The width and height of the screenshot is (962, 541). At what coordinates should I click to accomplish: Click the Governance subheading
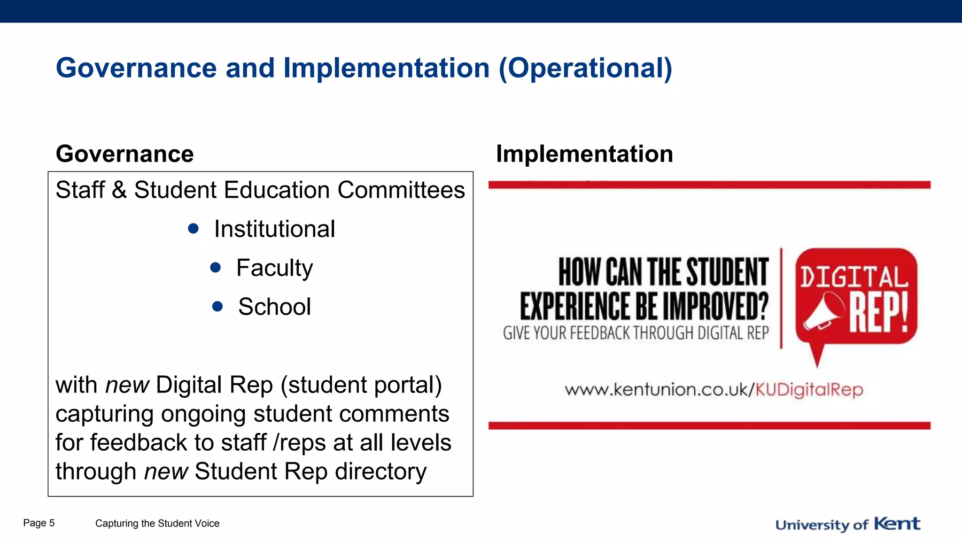(124, 154)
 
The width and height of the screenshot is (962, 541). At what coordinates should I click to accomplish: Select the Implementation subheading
(584, 154)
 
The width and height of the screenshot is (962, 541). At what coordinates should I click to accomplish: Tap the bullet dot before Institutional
(193, 229)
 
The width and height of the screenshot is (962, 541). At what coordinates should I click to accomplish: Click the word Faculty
(274, 268)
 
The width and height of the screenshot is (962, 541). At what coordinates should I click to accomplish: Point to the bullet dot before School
(217, 307)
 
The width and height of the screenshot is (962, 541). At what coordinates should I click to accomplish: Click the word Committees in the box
(401, 190)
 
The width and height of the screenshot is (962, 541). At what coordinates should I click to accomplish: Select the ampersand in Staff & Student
(119, 190)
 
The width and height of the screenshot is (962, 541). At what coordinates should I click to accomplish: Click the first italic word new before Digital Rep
(127, 385)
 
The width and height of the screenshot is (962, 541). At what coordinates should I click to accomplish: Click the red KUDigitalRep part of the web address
(809, 390)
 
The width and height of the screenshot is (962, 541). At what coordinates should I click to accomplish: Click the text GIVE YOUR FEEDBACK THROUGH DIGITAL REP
(636, 333)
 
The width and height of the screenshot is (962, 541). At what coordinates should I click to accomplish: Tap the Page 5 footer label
(39, 523)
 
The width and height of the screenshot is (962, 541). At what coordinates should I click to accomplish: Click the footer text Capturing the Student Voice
(157, 524)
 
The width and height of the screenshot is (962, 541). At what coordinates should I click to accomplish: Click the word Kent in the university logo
(897, 524)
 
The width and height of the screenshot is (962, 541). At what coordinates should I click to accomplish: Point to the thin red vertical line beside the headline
(781, 298)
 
